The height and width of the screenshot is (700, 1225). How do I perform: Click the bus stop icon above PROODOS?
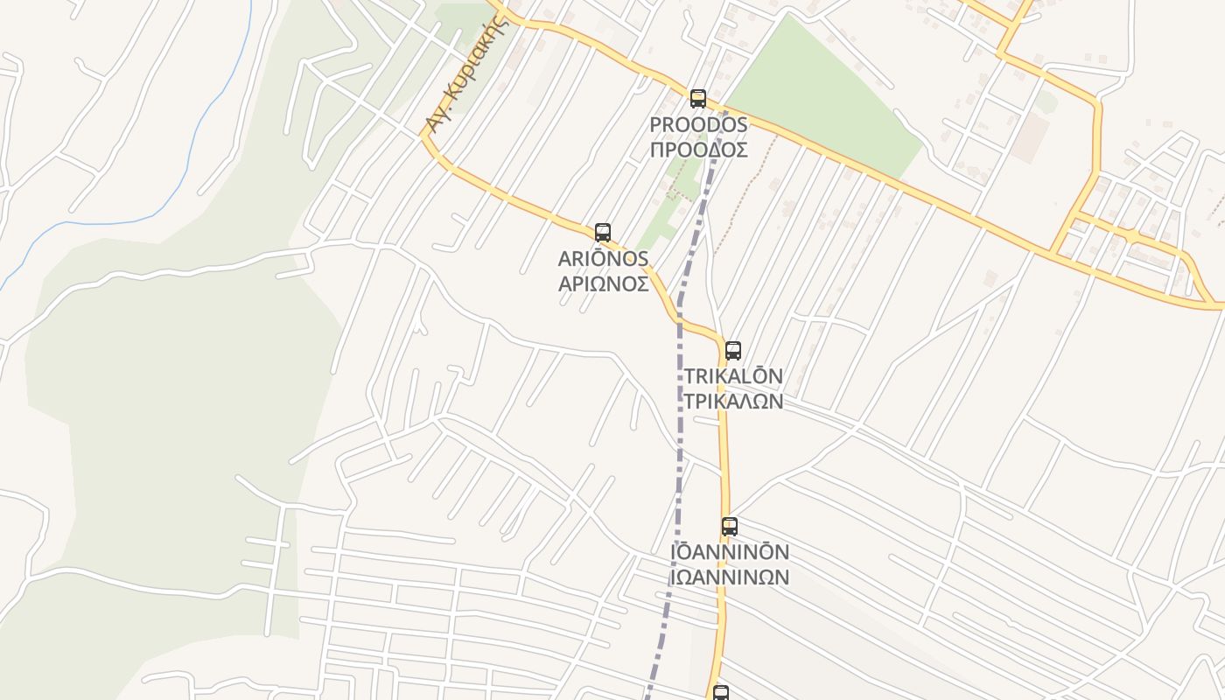697,98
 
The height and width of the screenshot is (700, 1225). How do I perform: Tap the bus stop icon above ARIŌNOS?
602,232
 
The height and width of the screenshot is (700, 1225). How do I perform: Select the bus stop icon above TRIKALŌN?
732,350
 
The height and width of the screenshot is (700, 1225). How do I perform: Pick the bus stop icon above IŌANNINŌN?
729,526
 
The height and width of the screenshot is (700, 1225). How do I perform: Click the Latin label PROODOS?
698,125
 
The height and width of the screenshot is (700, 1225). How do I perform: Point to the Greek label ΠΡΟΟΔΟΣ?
698,150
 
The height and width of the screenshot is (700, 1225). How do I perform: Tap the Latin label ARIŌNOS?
603,258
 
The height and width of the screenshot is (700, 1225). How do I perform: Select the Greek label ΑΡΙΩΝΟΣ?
603,283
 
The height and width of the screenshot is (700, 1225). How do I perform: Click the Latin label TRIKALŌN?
732,376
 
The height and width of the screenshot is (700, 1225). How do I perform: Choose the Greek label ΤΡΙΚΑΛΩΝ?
732,401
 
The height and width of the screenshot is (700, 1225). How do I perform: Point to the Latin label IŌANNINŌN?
729,552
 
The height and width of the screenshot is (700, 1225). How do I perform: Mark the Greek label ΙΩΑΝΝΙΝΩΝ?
729,577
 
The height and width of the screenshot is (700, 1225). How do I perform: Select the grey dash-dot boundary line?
679,420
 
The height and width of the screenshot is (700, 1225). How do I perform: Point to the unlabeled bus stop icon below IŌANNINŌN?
720,693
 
